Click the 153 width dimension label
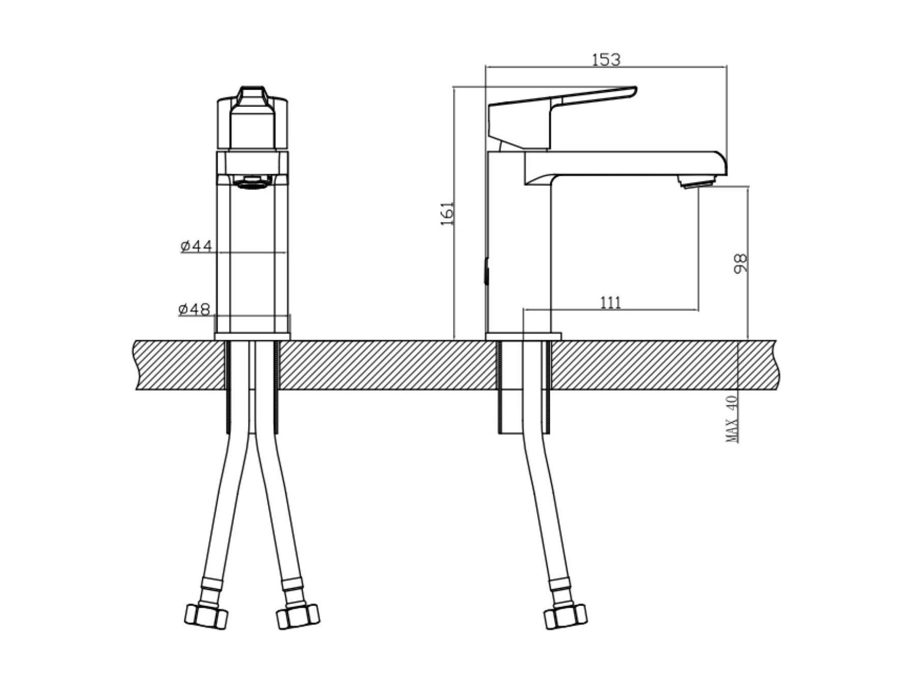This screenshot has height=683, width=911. pos(606,60)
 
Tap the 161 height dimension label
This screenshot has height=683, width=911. pos(447,213)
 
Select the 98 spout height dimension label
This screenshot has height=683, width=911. pos(740,263)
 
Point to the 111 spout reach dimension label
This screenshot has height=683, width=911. pos(610,303)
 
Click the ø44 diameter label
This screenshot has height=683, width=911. pos(196,246)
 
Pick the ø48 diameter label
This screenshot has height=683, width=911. pos(194,309)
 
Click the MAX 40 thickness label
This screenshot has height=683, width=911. pos(732,419)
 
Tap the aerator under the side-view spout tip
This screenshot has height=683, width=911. pos(698,181)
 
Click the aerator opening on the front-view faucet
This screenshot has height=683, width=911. pos(253,181)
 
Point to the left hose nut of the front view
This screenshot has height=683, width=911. pos(206,616)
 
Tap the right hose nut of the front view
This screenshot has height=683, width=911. pos(298,616)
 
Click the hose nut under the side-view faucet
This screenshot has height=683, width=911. pos(565,616)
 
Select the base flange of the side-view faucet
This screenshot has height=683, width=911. pos(523,337)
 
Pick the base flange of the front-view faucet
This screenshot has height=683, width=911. pos(252,337)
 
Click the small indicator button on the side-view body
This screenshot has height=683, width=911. pos(486,271)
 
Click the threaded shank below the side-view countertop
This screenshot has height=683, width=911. pos(525,387)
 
